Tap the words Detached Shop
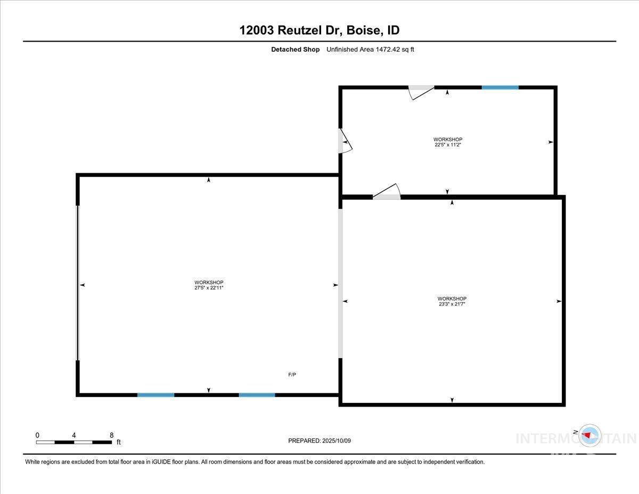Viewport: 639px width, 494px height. click(x=295, y=50)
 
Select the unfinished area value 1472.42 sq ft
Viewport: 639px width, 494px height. click(x=395, y=50)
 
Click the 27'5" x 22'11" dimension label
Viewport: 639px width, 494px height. click(x=209, y=288)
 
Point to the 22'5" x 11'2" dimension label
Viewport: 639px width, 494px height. click(x=447, y=144)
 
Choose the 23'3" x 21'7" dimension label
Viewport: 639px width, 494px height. click(x=452, y=304)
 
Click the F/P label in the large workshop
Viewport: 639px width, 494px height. click(x=292, y=375)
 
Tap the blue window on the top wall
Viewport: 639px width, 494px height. click(x=500, y=87)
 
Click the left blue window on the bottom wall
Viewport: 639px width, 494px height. click(x=156, y=395)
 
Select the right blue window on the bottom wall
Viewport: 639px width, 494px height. click(x=257, y=395)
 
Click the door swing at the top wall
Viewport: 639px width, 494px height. click(x=421, y=93)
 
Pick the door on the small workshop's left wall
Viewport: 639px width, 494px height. click(x=345, y=141)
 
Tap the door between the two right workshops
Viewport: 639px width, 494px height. click(x=387, y=192)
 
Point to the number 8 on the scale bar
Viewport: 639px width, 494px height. click(x=111, y=435)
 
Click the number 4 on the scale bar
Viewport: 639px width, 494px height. click(x=74, y=435)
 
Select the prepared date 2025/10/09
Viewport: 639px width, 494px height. click(x=337, y=441)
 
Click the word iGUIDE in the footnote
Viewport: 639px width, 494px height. click(x=161, y=462)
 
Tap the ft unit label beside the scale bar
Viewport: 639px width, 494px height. click(x=119, y=442)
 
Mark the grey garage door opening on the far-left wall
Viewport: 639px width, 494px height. click(x=78, y=283)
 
